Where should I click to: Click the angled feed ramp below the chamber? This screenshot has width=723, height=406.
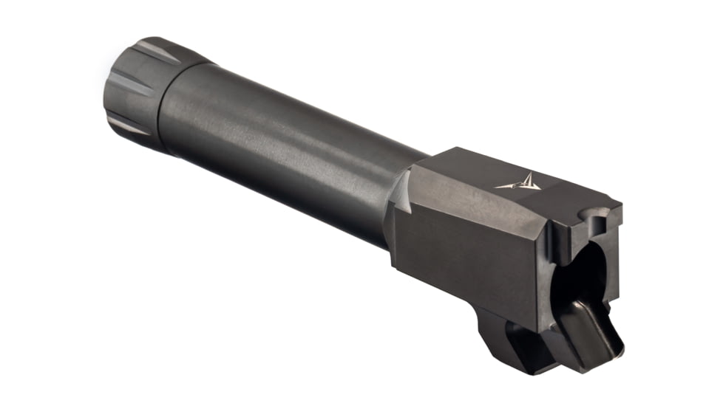click(x=591, y=325)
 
